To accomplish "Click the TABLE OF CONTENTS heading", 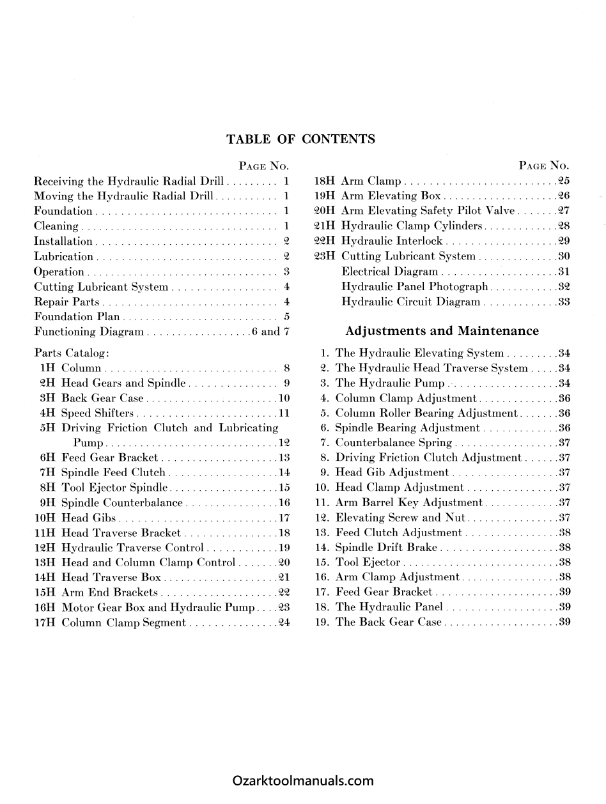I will (x=300, y=139).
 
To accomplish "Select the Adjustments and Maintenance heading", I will (x=442, y=330).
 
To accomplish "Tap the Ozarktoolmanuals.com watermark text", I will (x=303, y=780).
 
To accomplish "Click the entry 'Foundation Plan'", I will (x=77, y=316).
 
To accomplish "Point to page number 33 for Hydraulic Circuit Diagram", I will (x=563, y=302).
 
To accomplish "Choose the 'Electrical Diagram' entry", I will (x=390, y=272).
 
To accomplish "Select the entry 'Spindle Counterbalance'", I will (x=122, y=502).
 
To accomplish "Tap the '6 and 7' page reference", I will (x=271, y=331).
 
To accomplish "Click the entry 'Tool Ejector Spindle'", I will (x=114, y=488).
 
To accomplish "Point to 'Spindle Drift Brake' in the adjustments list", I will (x=386, y=547).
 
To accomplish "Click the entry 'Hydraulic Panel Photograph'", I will (x=415, y=286).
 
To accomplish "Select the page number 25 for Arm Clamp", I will (x=563, y=181).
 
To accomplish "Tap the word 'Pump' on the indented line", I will (x=89, y=442).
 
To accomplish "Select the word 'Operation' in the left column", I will (x=59, y=272).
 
